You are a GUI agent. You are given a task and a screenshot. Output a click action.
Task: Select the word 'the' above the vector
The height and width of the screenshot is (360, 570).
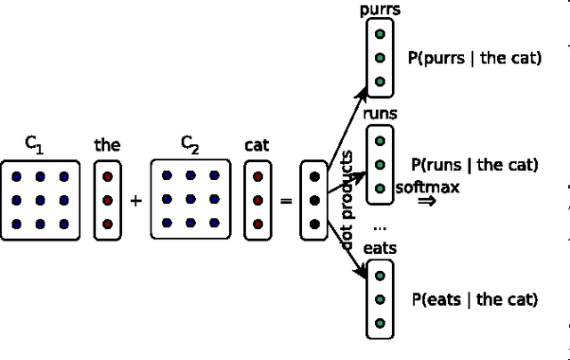pos(107,144)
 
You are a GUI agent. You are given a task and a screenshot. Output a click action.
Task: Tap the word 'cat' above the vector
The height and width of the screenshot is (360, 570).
pos(256,144)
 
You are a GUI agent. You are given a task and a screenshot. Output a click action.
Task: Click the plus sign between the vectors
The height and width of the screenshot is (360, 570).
pos(135,201)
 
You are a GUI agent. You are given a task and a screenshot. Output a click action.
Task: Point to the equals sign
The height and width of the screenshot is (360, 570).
pos(286,201)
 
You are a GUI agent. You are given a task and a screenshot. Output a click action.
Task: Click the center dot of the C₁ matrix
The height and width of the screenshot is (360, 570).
pos(40,200)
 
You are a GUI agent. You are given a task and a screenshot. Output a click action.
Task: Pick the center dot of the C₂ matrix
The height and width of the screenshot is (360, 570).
pos(191,200)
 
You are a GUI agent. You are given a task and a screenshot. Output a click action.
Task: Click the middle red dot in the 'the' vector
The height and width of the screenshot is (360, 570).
pos(107,200)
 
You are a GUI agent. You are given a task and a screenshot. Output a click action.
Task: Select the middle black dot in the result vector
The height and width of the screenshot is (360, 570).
pos(313,200)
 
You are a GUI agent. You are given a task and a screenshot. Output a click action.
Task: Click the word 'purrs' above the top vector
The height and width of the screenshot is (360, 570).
pos(380,11)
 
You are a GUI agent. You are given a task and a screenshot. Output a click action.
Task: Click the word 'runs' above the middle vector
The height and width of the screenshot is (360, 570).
pos(380,115)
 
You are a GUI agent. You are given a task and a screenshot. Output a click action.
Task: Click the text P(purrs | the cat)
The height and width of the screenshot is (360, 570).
pos(474,58)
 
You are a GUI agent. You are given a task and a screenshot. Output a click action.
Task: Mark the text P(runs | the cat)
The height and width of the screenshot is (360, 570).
pos(475,164)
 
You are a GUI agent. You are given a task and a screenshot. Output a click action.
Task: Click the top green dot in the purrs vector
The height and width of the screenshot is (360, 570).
pos(380,34)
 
